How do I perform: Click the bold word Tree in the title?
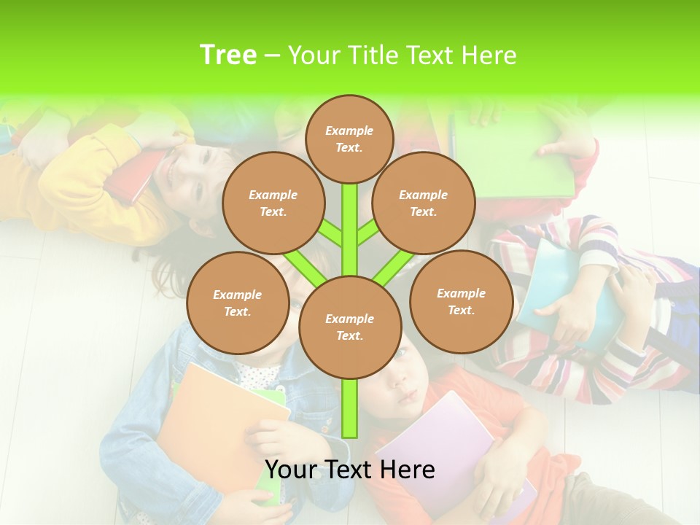click(x=227, y=55)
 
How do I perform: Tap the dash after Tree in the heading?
click(x=272, y=56)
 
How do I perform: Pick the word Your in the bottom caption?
click(x=292, y=470)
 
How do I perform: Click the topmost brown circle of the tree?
click(x=349, y=139)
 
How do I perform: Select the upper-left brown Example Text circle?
click(x=273, y=203)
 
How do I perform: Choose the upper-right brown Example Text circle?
click(x=423, y=203)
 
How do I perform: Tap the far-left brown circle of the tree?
click(x=238, y=303)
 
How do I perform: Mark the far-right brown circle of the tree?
click(x=461, y=301)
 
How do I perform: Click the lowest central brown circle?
click(x=349, y=327)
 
